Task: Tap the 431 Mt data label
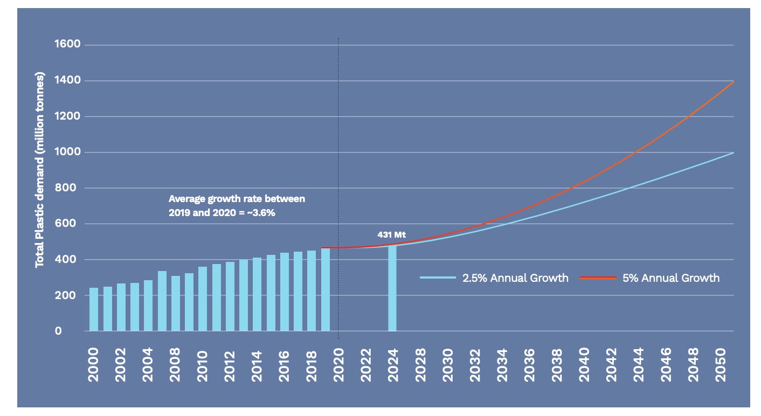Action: click(x=391, y=235)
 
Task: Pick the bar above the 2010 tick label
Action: click(x=203, y=299)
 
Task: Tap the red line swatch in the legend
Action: click(x=598, y=278)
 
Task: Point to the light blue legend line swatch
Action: click(x=439, y=278)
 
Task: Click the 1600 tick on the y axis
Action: click(x=67, y=44)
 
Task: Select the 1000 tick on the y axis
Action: click(x=67, y=152)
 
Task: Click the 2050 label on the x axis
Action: click(x=719, y=364)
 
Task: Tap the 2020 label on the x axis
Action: click(x=338, y=364)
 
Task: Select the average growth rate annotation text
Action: click(x=237, y=205)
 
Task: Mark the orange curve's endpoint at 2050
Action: click(x=733, y=81)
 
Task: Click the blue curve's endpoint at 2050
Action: click(x=733, y=153)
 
